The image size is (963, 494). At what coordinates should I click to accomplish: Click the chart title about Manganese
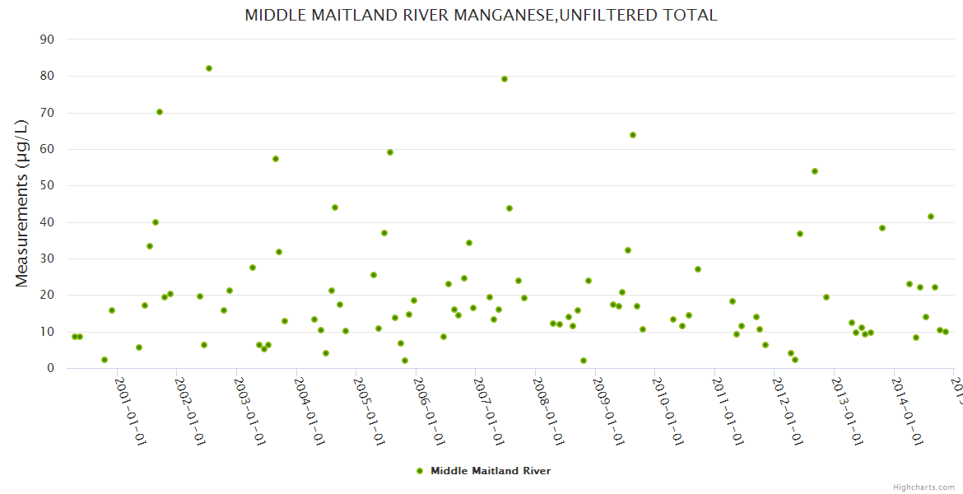481,16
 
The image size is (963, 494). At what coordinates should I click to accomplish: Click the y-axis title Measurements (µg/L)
22,203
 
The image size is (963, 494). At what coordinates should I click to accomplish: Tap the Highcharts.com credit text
923,487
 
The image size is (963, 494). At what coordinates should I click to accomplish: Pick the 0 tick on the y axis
50,369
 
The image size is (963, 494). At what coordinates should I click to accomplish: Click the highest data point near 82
209,68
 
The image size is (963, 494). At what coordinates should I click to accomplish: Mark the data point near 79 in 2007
505,79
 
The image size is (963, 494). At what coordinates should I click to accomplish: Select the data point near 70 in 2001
160,112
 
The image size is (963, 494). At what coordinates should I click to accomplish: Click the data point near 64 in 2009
633,135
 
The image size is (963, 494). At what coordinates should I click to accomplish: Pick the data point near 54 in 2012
815,171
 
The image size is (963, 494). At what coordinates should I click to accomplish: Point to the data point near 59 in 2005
390,152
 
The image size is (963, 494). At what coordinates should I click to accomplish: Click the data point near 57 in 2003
276,159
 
